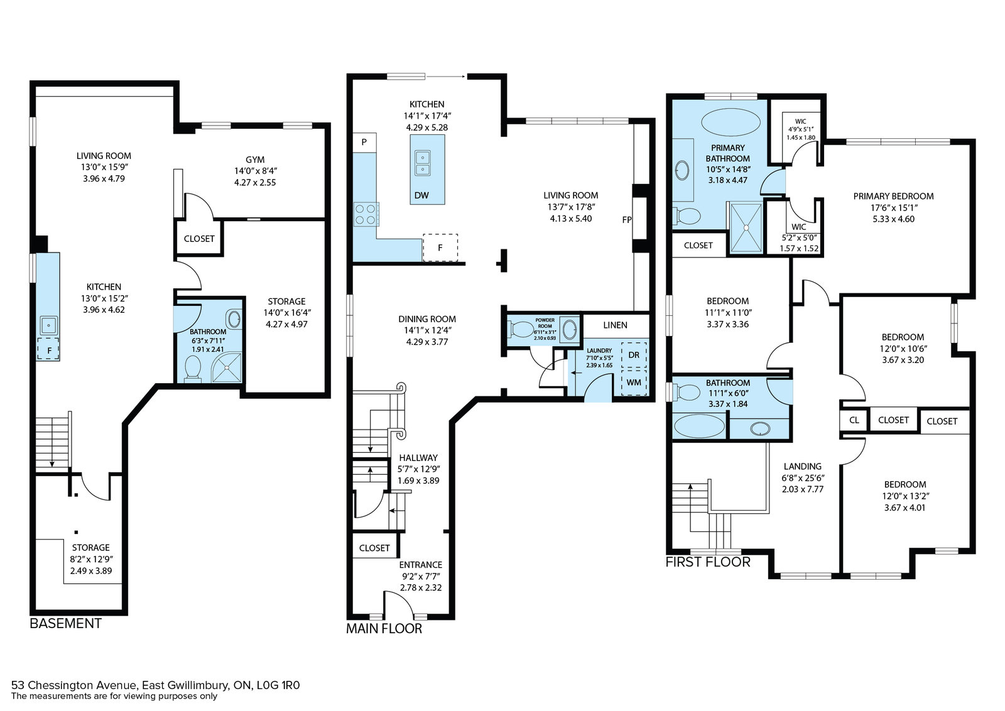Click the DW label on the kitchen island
pos(421,195)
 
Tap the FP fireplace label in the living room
pos(627,220)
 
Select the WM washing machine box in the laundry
pos(634,383)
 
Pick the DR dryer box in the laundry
pos(634,355)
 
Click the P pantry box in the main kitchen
pos(364,142)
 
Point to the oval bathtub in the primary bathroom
pos(731,122)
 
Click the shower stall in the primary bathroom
pos(746,227)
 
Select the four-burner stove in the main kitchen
pos(366,214)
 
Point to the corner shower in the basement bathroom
pos(227,368)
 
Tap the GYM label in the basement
pos(255,160)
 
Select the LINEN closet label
pos(615,325)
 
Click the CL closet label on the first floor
pos(854,420)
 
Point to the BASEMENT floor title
pos(65,624)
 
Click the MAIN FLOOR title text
pos(384,629)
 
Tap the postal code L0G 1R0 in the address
pos(278,685)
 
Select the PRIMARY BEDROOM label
pos(893,196)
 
